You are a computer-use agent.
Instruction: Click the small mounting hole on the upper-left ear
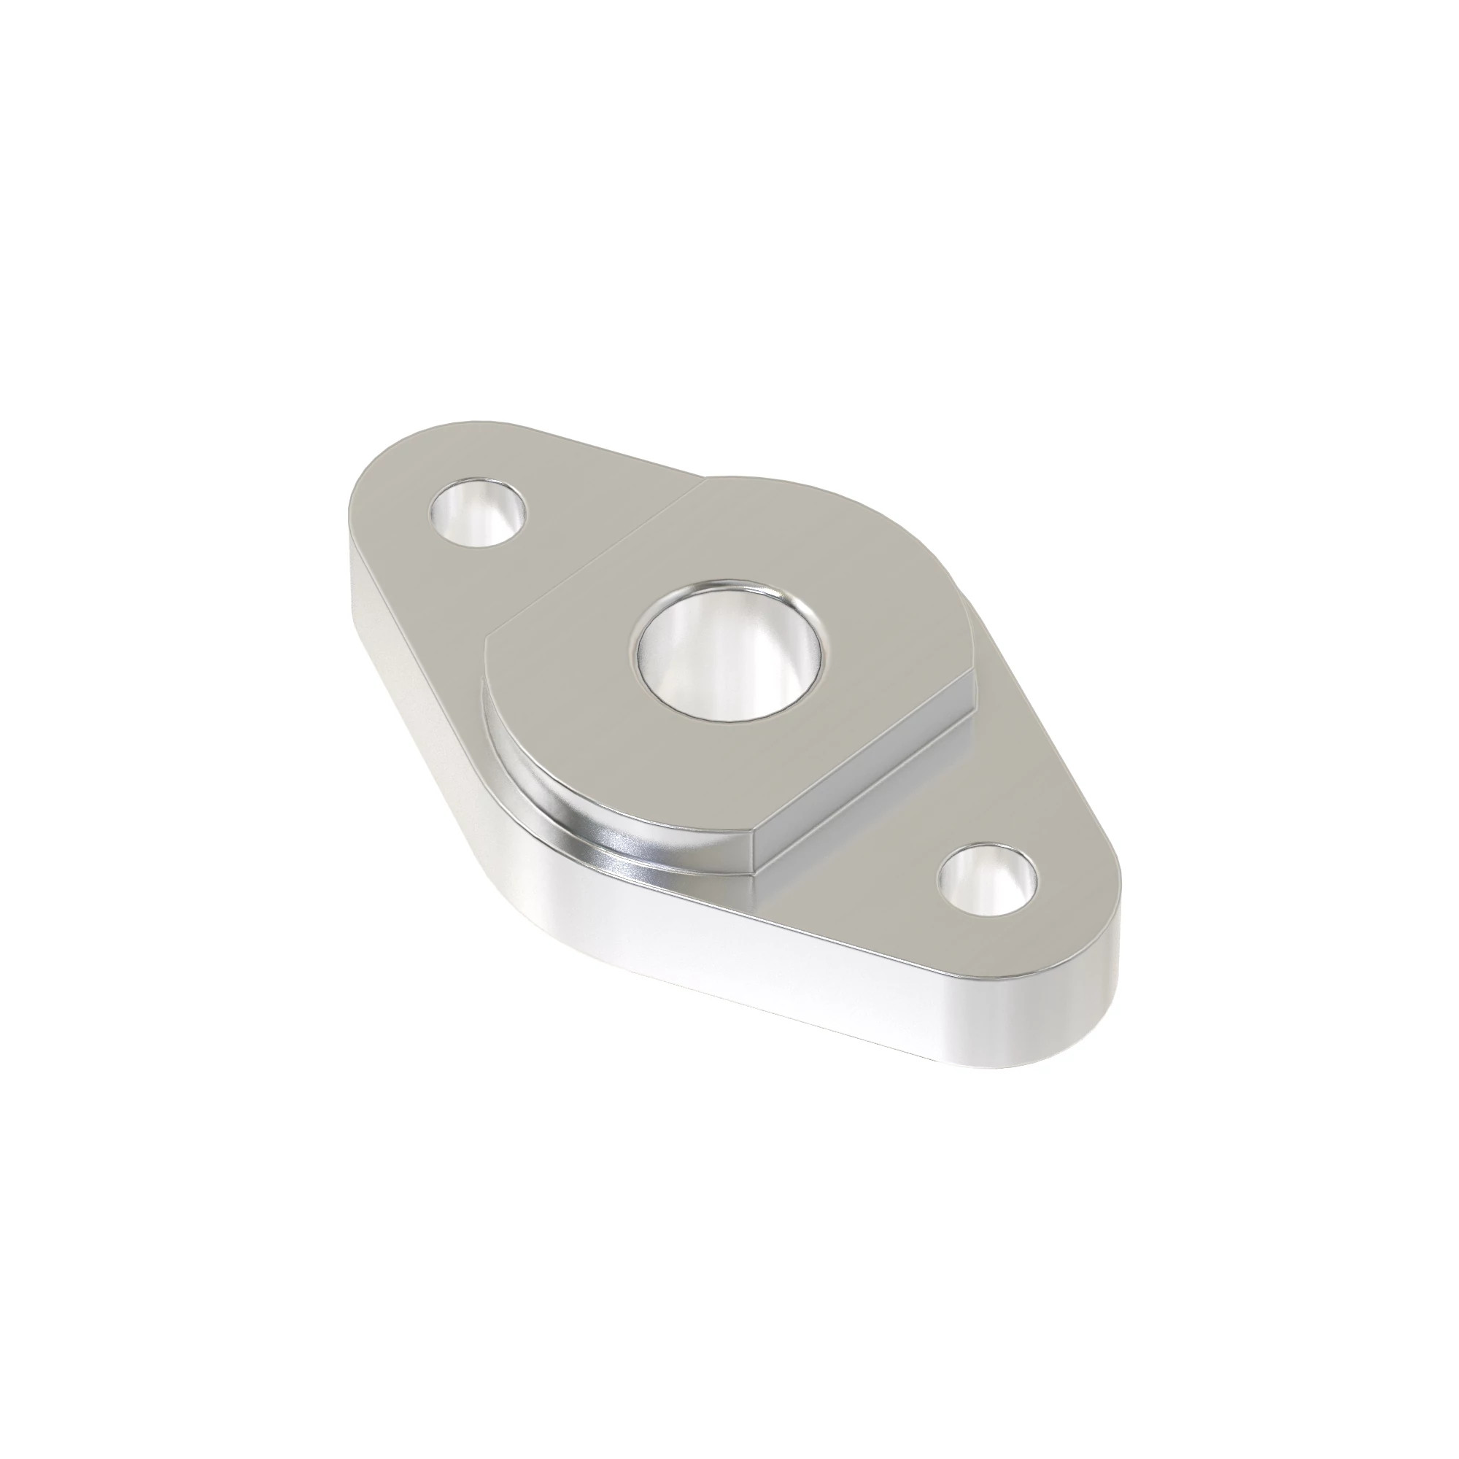pyautogui.click(x=477, y=512)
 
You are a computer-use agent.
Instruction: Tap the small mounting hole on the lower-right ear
pyautogui.click(x=987, y=880)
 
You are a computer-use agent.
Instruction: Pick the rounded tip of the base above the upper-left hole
pyautogui.click(x=423, y=430)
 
